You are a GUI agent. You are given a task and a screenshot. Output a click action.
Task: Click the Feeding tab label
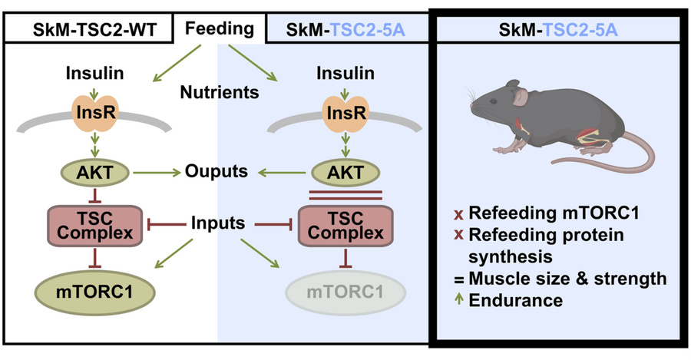[220, 29]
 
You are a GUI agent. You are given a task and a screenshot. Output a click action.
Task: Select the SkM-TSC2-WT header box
[88, 29]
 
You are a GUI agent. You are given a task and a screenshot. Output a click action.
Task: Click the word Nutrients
[220, 92]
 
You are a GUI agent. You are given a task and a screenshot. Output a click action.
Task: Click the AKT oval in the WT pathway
[95, 173]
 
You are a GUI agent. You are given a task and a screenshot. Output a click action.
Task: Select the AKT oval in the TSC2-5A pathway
[345, 173]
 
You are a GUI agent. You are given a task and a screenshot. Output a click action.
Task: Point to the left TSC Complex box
[95, 225]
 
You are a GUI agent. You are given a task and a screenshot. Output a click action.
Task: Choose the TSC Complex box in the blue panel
[345, 225]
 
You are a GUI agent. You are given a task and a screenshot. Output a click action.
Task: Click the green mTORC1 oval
[95, 292]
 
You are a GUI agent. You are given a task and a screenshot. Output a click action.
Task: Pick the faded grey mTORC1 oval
[345, 292]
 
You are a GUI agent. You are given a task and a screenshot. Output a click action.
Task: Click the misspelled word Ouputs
[217, 171]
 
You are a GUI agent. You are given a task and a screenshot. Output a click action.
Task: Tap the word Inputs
[218, 223]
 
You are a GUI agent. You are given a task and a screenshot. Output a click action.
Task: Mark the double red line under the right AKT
[345, 195]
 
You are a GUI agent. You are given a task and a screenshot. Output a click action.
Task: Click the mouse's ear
[521, 97]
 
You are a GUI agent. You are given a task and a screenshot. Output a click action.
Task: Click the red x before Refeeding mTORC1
[459, 215]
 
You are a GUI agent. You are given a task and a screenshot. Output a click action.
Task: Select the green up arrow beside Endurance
[459, 299]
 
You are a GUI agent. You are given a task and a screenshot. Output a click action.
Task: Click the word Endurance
[516, 301]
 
